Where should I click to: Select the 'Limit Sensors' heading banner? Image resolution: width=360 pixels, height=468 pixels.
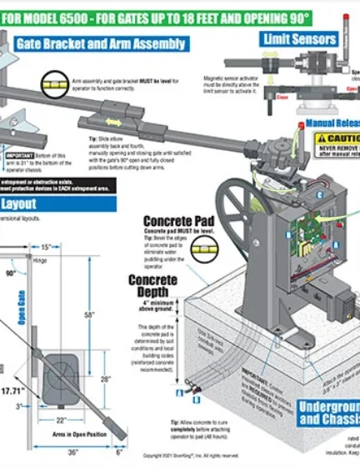click(299, 38)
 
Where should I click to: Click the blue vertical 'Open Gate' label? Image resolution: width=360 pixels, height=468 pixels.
click(23, 308)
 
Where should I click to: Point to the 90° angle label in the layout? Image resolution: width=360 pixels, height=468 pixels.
click(12, 272)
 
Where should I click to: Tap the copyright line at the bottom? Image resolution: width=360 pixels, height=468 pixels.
click(191, 455)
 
